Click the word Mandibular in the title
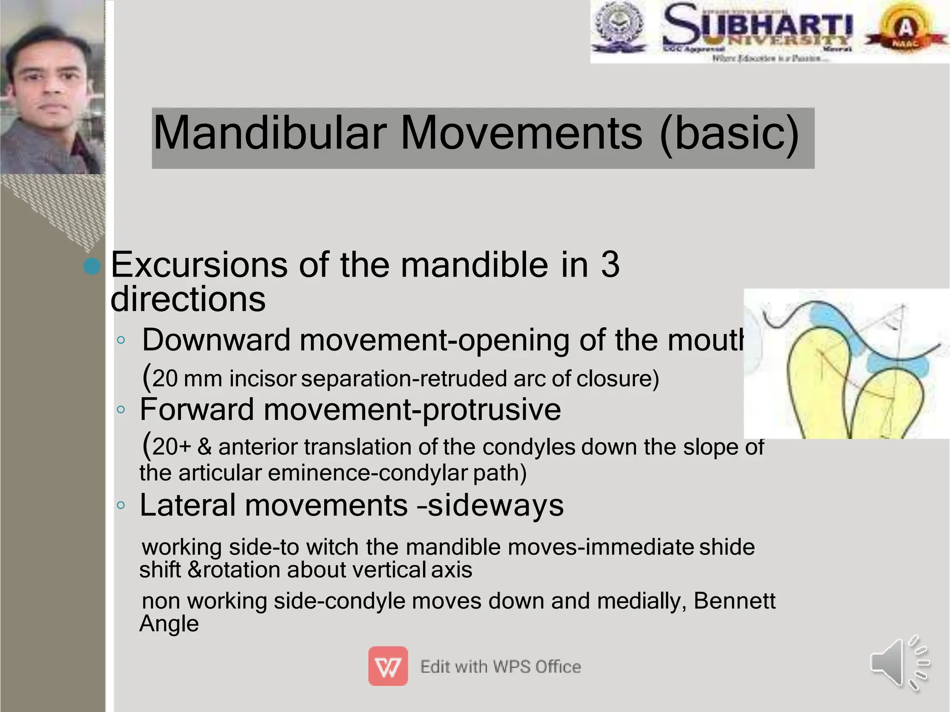coord(270,134)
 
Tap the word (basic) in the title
coord(729,134)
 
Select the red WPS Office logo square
coord(388,666)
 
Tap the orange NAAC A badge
coord(906,29)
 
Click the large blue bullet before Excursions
coord(92,266)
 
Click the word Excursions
coord(199,265)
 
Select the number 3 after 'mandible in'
coord(610,265)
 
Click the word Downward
coord(216,340)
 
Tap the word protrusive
coord(492,409)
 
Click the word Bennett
coord(734,601)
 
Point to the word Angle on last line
coord(169,623)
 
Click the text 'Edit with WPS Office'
coord(500,667)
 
